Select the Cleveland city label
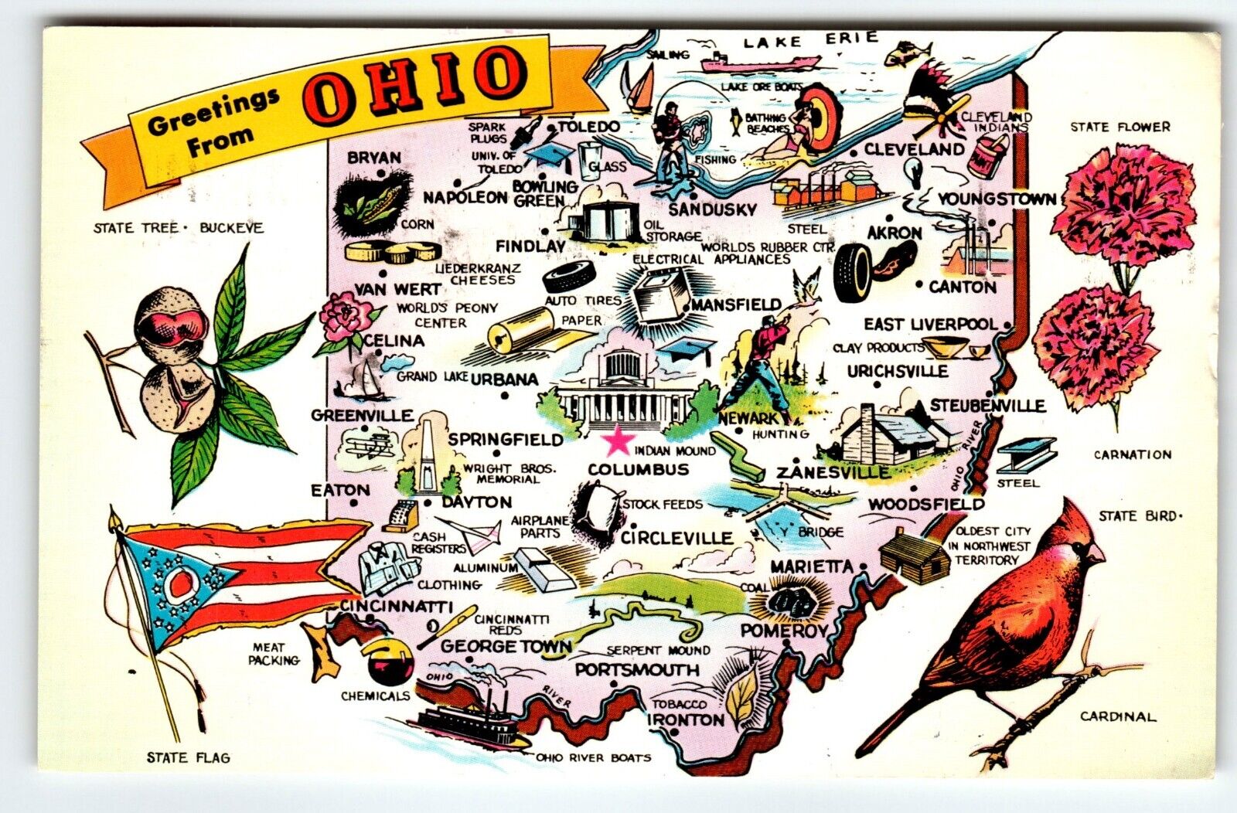point(915,149)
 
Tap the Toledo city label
point(588,127)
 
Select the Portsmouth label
point(636,670)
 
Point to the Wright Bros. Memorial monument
point(423,457)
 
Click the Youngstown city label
point(996,200)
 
